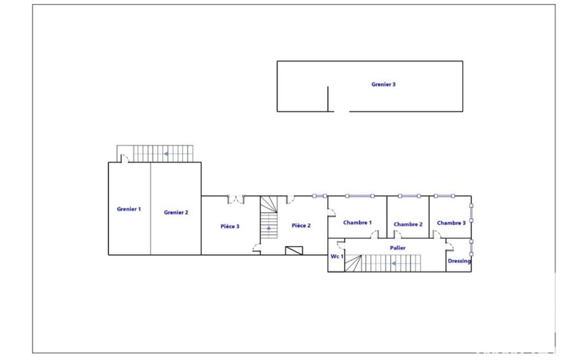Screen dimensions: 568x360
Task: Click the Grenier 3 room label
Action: coord(383,84)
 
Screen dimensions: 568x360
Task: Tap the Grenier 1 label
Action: coord(129,209)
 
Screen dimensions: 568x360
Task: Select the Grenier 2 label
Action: coord(176,213)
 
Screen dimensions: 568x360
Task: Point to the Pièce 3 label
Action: coord(230,227)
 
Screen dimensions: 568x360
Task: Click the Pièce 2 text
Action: coord(301,225)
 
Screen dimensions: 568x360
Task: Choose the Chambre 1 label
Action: coord(357,223)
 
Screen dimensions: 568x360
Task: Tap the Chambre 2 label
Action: coord(408,224)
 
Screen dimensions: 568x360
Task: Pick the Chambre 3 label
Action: coord(451,223)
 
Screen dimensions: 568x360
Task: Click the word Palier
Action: coord(397,248)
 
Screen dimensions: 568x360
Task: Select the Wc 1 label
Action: coord(337,256)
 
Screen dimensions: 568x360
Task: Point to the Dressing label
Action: coord(459,261)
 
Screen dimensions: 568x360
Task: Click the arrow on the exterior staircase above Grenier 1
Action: coord(166,154)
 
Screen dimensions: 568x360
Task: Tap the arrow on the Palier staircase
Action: coord(394,264)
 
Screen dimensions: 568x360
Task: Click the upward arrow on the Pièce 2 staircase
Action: coord(269,228)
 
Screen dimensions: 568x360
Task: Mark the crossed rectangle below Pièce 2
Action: coord(294,251)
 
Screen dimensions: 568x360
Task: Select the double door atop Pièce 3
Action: coord(236,199)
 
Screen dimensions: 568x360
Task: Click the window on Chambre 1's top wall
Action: coord(360,196)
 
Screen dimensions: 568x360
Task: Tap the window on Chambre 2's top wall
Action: coord(410,196)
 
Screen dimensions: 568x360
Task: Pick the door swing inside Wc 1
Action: coord(340,244)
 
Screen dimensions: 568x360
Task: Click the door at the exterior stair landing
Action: coord(124,158)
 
